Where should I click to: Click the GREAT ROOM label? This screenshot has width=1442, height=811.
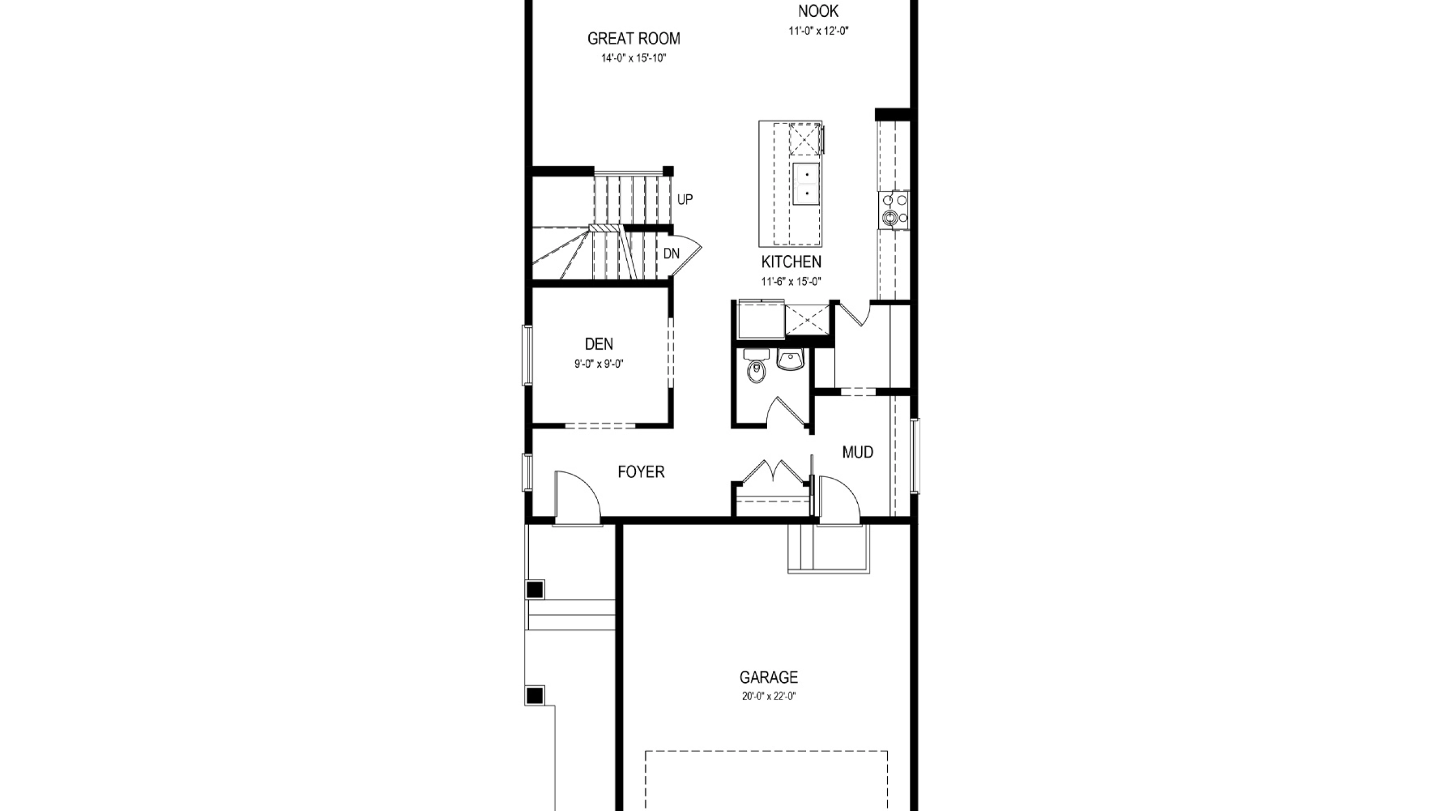pos(634,38)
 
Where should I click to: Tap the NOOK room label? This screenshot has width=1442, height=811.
pos(818,11)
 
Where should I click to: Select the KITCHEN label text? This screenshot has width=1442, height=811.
pos(791,261)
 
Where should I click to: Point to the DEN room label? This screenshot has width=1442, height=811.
pos(599,344)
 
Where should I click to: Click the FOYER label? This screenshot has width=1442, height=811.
pos(641,471)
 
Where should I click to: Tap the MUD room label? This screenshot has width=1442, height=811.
pos(858,452)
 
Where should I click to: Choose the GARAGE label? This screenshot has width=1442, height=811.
pos(769,677)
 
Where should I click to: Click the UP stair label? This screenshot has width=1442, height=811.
pos(685,199)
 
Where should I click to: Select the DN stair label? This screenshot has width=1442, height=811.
pos(671,253)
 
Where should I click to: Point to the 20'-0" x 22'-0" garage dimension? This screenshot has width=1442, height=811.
pos(769,696)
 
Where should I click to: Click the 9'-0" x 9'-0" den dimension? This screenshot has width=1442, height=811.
pos(599,364)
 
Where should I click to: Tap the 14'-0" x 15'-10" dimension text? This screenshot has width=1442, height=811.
pos(634,58)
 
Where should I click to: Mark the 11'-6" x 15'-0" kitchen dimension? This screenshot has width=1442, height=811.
pos(791,282)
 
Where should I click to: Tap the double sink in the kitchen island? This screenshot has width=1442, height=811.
pos(807,184)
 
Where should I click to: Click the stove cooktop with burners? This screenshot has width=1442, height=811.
pos(893,210)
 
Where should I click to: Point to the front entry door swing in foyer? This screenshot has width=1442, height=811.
pos(578,496)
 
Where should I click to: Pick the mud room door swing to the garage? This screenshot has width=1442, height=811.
pos(839,498)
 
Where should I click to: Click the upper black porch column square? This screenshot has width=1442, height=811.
pos(535,590)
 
